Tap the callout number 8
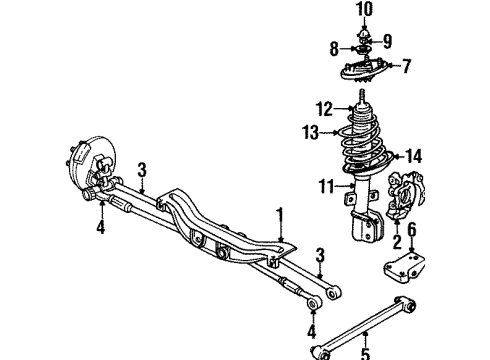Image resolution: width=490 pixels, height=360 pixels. click(x=335, y=47)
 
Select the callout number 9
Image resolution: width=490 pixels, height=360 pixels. click(x=385, y=42)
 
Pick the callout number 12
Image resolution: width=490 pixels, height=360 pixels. click(x=323, y=109)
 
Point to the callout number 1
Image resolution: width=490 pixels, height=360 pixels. click(x=281, y=213)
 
